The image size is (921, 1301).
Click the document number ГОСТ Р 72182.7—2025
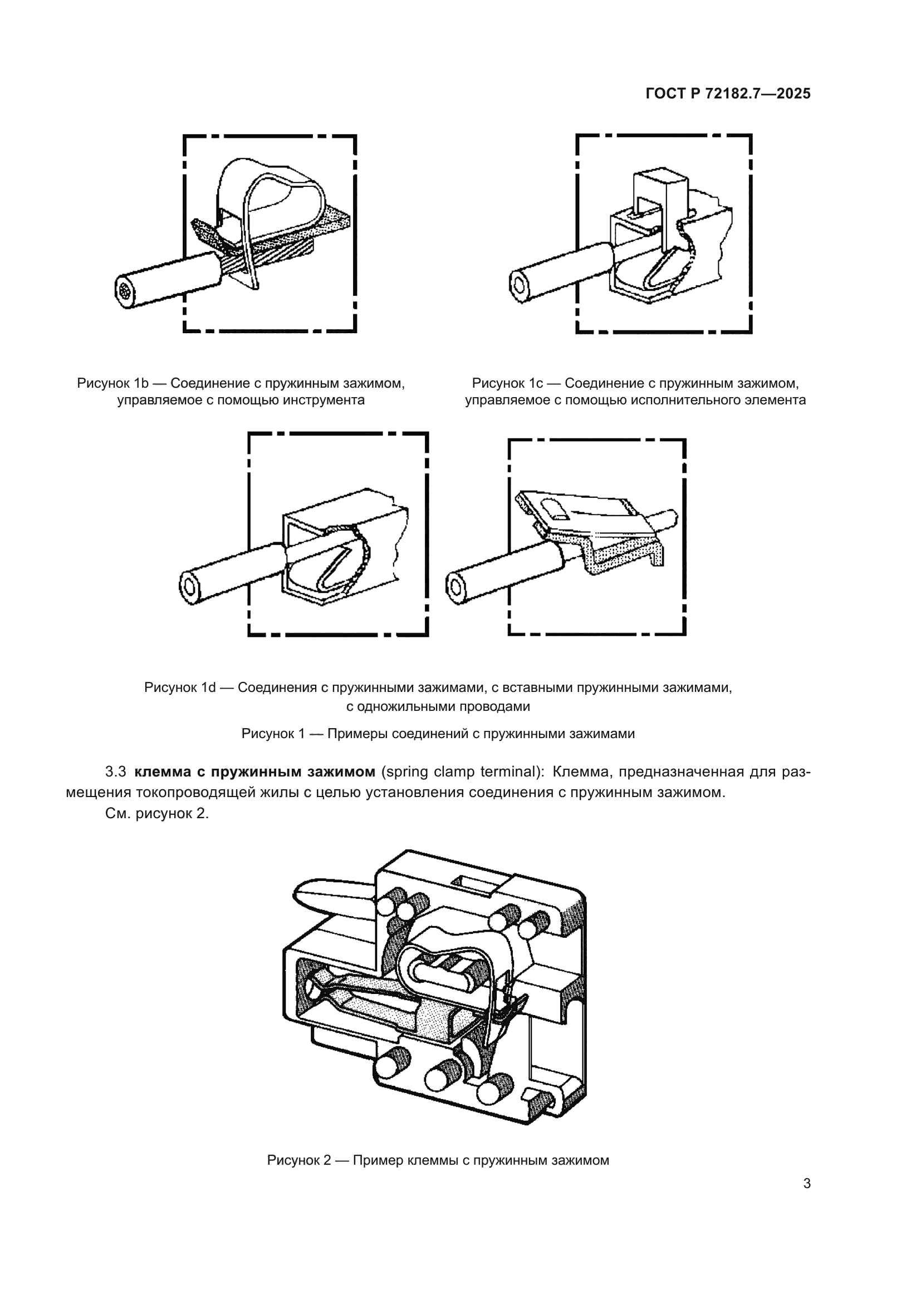[728, 94]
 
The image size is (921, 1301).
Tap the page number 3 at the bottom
[806, 1183]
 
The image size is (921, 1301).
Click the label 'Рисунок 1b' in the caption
[112, 384]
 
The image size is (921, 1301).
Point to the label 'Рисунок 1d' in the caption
[180, 687]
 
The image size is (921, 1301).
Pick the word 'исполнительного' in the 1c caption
[669, 400]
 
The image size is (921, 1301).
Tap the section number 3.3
[116, 772]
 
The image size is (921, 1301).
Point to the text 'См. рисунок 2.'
[157, 814]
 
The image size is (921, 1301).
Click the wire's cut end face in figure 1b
[125, 292]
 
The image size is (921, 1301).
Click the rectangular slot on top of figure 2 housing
[470, 885]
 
